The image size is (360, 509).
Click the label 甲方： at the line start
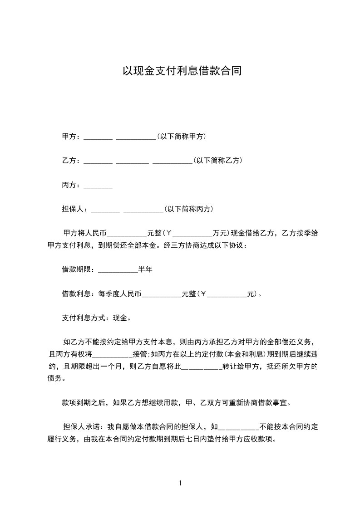[x=71, y=136]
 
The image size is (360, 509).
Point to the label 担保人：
[x=74, y=209]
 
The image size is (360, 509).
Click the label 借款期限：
[x=78, y=269]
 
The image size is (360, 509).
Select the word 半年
[x=145, y=269]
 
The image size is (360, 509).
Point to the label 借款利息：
[x=78, y=294]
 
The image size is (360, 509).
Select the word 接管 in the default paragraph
[x=139, y=354]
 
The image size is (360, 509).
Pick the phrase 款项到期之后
[x=84, y=402]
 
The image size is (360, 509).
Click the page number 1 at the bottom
[x=180, y=483]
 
